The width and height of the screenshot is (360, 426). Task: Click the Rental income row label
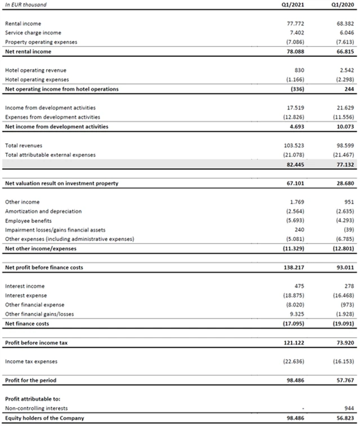coord(24,24)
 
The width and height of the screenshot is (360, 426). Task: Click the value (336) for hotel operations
coord(295,89)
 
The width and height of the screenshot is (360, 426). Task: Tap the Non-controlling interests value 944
coord(347,408)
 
